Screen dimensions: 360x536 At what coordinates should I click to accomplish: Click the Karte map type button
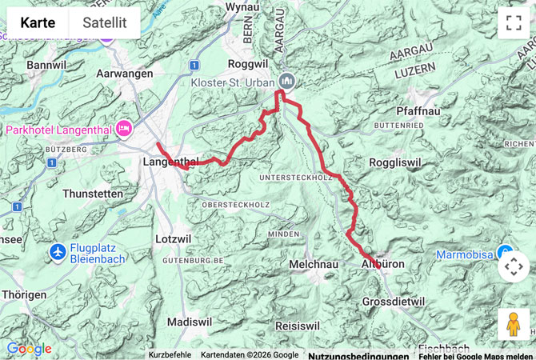click(x=38, y=23)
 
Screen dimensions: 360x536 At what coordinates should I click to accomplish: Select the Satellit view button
click(x=105, y=23)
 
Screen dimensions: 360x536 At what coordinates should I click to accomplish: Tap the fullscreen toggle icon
click(x=513, y=22)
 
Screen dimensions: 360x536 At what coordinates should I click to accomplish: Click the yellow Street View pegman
click(x=513, y=324)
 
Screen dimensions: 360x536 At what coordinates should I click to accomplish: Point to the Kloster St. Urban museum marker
click(x=286, y=81)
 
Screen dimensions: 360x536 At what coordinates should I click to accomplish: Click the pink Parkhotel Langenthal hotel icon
click(x=124, y=129)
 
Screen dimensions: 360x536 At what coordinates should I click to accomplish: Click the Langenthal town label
click(x=170, y=162)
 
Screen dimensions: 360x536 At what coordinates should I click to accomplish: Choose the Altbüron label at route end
click(x=383, y=263)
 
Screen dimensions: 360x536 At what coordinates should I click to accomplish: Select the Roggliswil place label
click(x=394, y=162)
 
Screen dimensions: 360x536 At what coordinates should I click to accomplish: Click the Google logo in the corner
click(x=29, y=349)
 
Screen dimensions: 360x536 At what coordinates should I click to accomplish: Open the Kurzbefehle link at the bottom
click(x=170, y=354)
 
